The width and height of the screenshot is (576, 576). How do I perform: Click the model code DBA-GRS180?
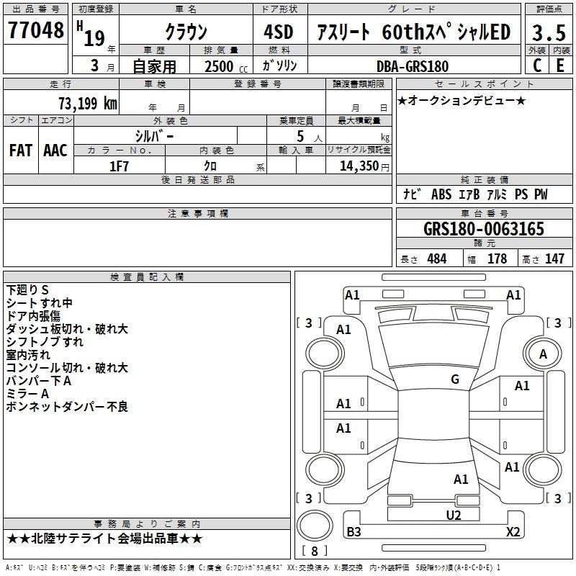click(x=413, y=66)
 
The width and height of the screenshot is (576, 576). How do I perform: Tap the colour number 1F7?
click(x=119, y=166)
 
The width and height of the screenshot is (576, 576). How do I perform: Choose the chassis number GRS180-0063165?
click(x=484, y=229)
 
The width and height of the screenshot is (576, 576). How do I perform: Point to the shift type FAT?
click(x=20, y=150)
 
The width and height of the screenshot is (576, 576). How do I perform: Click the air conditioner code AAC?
click(x=55, y=150)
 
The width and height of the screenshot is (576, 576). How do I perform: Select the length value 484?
click(x=436, y=259)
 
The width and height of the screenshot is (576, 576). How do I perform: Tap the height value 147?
click(x=554, y=259)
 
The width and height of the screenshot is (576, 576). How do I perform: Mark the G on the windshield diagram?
click(x=454, y=379)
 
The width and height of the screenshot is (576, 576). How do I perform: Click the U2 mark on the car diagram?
click(x=453, y=515)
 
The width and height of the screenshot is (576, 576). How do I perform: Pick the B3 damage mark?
click(x=354, y=532)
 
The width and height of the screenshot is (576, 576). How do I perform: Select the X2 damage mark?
click(x=513, y=531)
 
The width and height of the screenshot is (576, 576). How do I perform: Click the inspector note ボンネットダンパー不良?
click(x=66, y=408)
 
